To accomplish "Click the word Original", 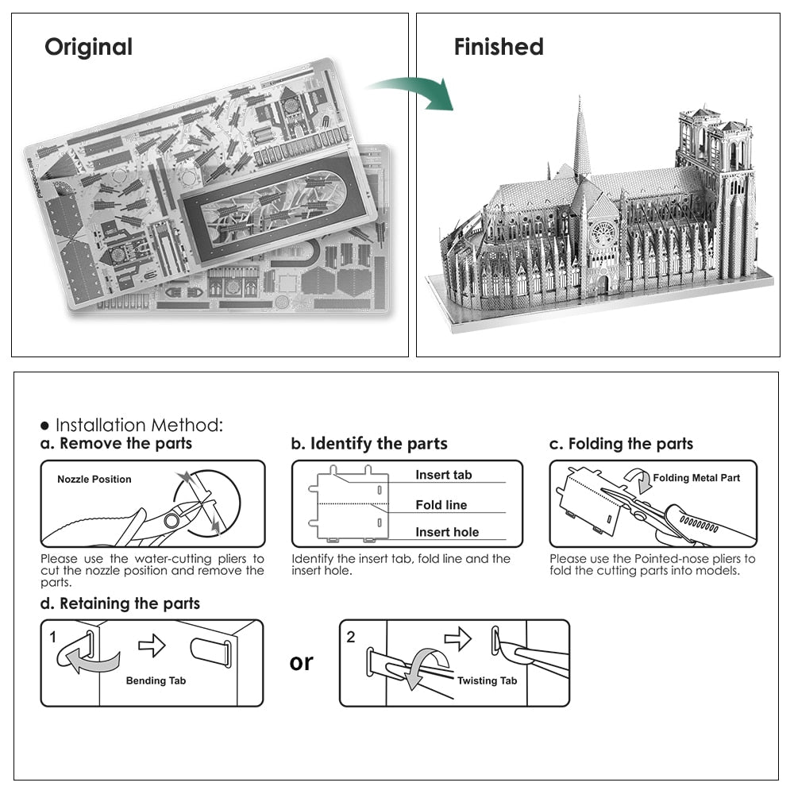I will tap(88, 47).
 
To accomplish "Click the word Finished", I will tap(498, 47).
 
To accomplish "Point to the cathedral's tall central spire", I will tap(581, 139).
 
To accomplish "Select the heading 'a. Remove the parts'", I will tap(117, 444).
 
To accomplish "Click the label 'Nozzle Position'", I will tap(94, 480).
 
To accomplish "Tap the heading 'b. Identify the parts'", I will tap(369, 444).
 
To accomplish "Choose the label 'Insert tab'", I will tap(443, 475).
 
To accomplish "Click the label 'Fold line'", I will tap(441, 505).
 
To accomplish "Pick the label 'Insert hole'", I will tap(447, 532).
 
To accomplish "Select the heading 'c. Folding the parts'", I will tap(621, 444).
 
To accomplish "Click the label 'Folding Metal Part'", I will tap(696, 478).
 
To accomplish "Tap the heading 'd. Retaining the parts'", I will tap(120, 603).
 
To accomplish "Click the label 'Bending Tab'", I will tap(156, 680).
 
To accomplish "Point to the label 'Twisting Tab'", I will tap(487, 680).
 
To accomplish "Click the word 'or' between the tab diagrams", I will tap(302, 661).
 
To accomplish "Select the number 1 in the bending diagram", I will tap(53, 637).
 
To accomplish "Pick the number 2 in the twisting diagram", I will tap(352, 637).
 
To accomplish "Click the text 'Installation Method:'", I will tap(139, 426).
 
